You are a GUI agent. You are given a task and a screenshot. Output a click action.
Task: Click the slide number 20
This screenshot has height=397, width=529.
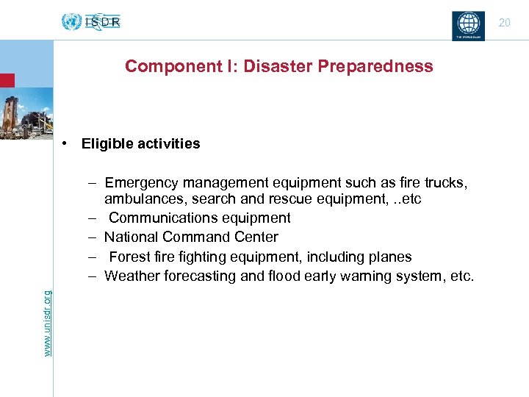(x=504, y=23)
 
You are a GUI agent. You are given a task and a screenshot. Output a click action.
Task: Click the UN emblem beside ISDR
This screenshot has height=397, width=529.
(x=71, y=22)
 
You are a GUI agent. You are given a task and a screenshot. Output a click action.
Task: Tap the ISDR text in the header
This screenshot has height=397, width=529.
(x=102, y=22)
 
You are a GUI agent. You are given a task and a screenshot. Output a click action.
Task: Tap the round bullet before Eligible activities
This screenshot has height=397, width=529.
(x=65, y=143)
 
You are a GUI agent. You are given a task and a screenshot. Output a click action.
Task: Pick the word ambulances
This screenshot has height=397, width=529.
(x=146, y=199)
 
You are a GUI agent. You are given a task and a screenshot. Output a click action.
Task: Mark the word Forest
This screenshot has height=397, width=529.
(x=129, y=257)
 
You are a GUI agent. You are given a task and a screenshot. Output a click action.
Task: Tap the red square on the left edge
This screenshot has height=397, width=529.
(x=7, y=80)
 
